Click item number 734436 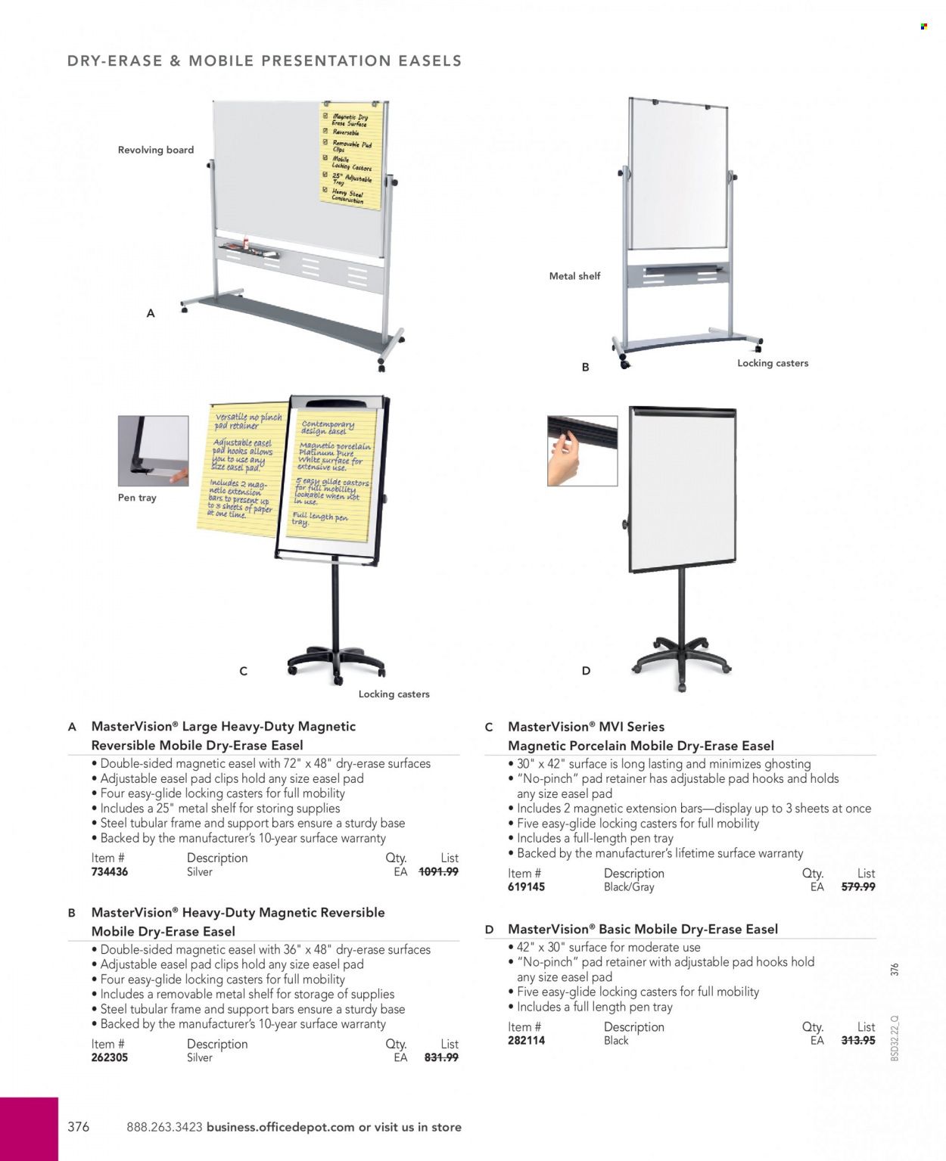(x=110, y=872)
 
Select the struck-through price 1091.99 (x=438, y=872)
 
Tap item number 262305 (x=110, y=1058)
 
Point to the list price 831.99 (x=441, y=1058)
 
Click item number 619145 (x=526, y=887)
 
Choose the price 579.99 (x=858, y=887)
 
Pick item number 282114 (x=526, y=1041)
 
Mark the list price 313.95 (x=858, y=1041)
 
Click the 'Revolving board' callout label (x=156, y=150)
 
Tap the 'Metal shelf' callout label (x=574, y=276)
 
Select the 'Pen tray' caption (x=137, y=498)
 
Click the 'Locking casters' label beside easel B (x=773, y=363)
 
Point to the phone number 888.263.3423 (x=164, y=1127)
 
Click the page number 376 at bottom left (x=79, y=1127)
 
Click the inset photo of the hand (x=582, y=451)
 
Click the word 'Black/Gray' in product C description (x=629, y=887)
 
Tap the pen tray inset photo (x=153, y=451)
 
